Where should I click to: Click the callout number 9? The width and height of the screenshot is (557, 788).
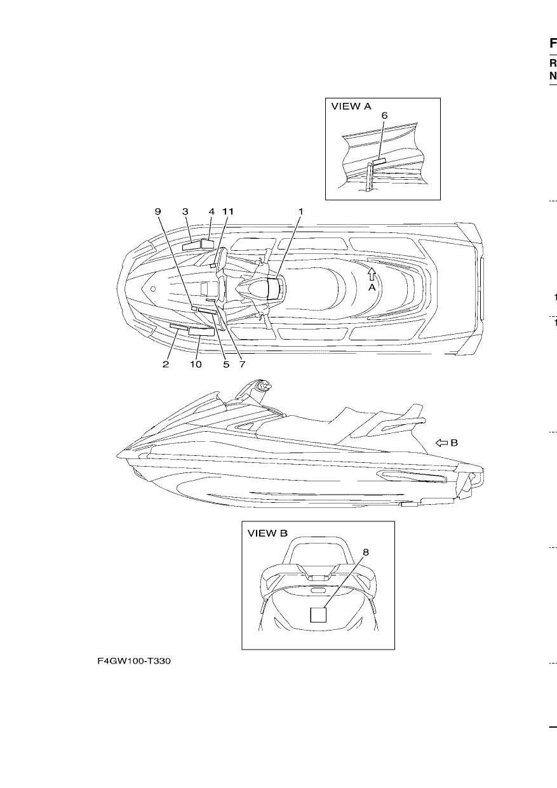pyautogui.click(x=158, y=211)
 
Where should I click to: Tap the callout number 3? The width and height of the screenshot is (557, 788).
pyautogui.click(x=185, y=211)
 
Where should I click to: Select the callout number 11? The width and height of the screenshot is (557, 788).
pyautogui.click(x=227, y=211)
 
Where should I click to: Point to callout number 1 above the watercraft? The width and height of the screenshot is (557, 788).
pyautogui.click(x=300, y=211)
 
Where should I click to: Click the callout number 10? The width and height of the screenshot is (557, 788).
pyautogui.click(x=196, y=364)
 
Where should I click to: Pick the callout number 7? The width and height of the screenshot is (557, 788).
pyautogui.click(x=242, y=364)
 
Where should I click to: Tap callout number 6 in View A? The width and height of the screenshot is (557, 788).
pyautogui.click(x=384, y=116)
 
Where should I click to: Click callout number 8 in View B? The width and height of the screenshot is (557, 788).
pyautogui.click(x=366, y=552)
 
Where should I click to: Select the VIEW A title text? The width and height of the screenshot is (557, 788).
pyautogui.click(x=351, y=106)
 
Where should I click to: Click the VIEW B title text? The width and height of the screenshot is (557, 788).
pyautogui.click(x=267, y=533)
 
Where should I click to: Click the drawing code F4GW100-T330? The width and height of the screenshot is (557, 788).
pyautogui.click(x=134, y=661)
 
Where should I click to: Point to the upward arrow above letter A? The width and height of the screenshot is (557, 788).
pyautogui.click(x=372, y=274)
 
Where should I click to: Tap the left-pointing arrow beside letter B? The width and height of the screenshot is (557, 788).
pyautogui.click(x=441, y=443)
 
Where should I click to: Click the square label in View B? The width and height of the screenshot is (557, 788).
pyautogui.click(x=318, y=615)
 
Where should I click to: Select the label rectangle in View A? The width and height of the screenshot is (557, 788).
pyautogui.click(x=379, y=161)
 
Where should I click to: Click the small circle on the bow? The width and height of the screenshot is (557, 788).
pyautogui.click(x=153, y=289)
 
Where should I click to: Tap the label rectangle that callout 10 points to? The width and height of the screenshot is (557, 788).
pyautogui.click(x=201, y=331)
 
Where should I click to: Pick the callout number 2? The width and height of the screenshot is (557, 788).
pyautogui.click(x=166, y=364)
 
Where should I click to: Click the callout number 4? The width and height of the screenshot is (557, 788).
pyautogui.click(x=211, y=211)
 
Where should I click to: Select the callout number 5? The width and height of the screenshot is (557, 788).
pyautogui.click(x=226, y=364)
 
